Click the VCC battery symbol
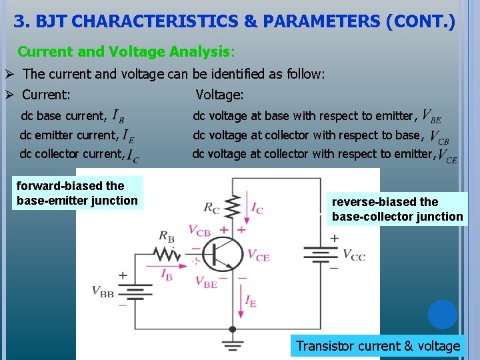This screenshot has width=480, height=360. click(323, 255)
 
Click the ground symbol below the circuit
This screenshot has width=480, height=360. click(232, 345)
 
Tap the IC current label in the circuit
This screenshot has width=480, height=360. click(255, 207)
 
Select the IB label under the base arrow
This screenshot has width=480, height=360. click(167, 273)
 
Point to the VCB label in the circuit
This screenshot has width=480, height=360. click(199, 230)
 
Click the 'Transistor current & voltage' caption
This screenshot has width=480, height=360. click(378, 346)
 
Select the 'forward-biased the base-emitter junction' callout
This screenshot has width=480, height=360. click(77, 193)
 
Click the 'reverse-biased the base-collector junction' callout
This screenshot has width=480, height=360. click(397, 209)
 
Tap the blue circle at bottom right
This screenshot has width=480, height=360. click(443, 315)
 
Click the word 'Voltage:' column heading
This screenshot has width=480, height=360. click(219, 95)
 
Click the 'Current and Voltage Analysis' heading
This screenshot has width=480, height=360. click(124, 51)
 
